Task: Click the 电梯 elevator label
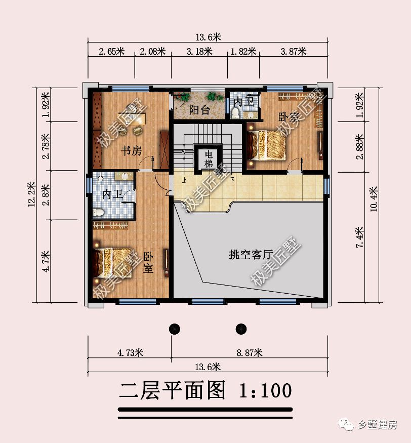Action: [208, 159]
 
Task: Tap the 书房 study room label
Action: [130, 150]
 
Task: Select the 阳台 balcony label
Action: [199, 110]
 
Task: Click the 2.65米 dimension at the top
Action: [111, 51]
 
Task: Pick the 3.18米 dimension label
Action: [199, 51]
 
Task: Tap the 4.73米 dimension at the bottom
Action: [129, 352]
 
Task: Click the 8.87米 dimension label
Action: [248, 352]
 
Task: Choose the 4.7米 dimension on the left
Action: [46, 261]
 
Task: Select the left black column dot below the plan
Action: [175, 329]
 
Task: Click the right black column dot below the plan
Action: [241, 329]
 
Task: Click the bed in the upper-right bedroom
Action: [266, 144]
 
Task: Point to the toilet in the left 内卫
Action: [99, 212]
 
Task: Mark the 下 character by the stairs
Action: [232, 180]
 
